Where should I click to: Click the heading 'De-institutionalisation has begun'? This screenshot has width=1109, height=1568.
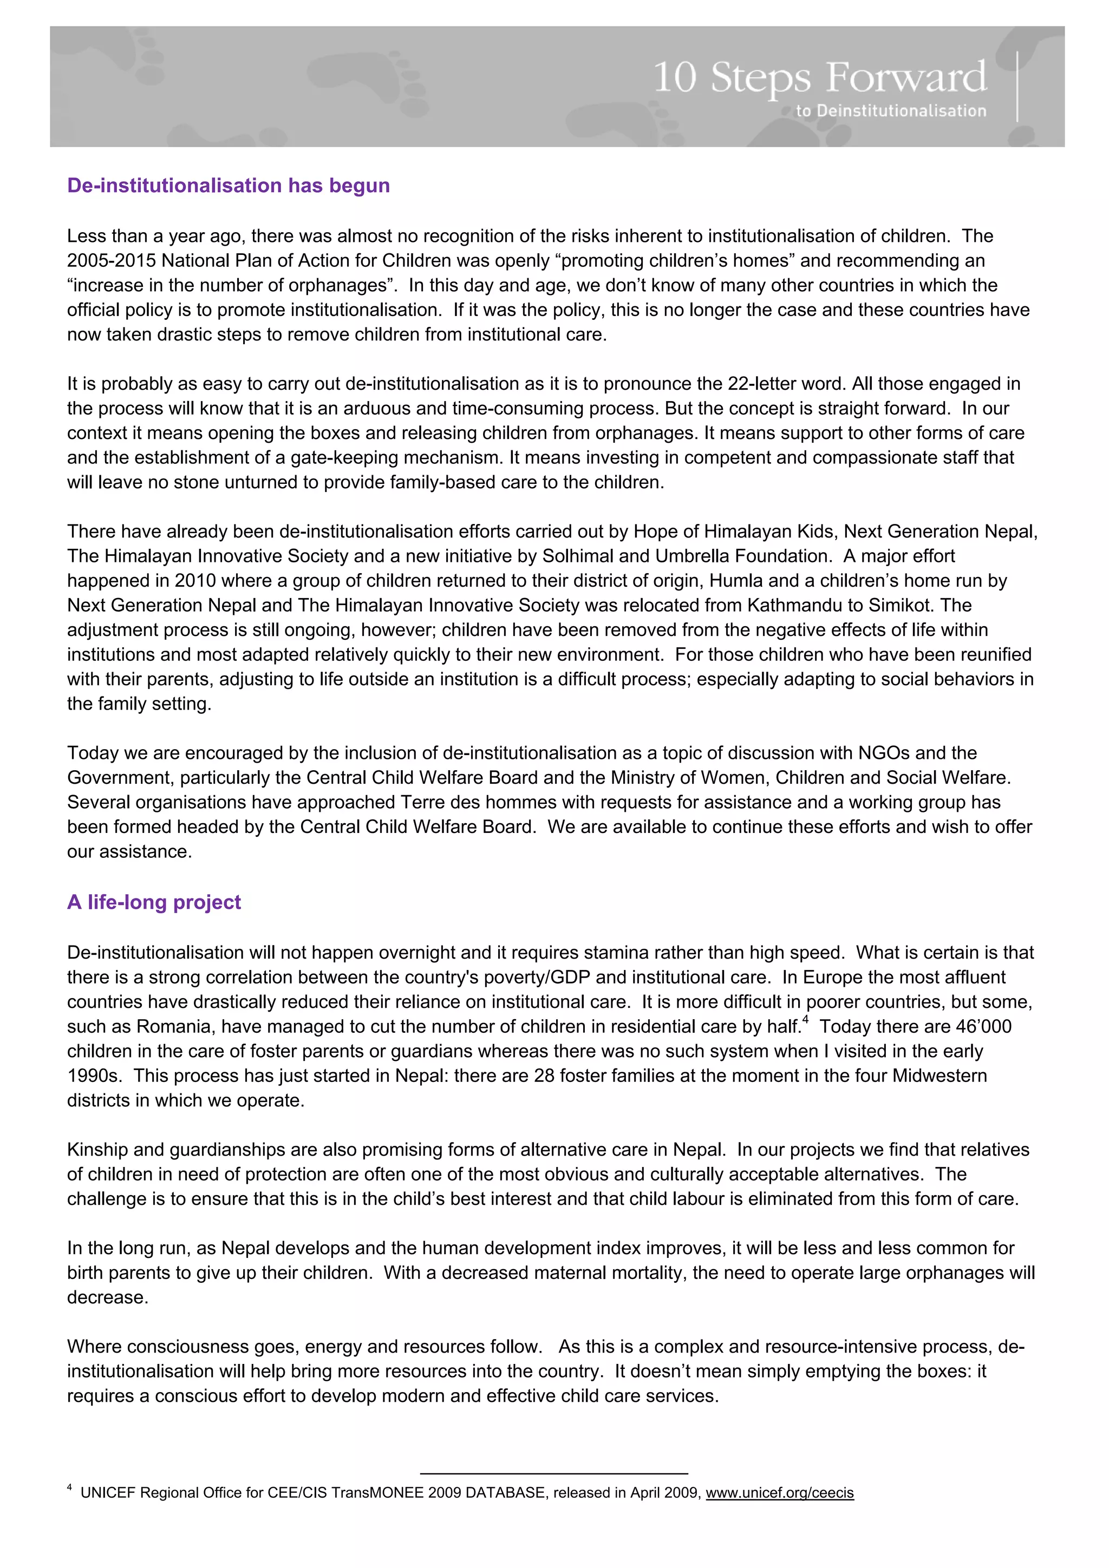pyautogui.click(x=228, y=186)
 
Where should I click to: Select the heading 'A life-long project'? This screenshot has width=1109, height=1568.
pyautogui.click(x=154, y=902)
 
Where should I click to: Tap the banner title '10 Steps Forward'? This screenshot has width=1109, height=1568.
pyautogui.click(x=819, y=77)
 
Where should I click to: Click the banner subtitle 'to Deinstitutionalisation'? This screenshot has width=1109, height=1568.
pyautogui.click(x=890, y=110)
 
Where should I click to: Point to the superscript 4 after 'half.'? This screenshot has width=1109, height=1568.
pyautogui.click(x=806, y=1020)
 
